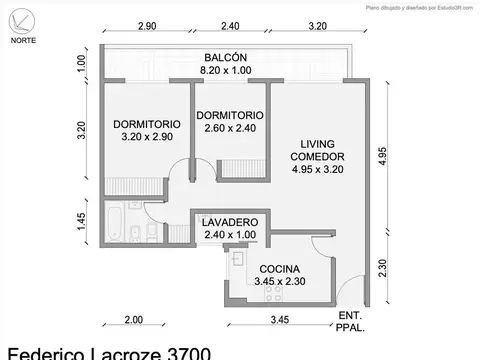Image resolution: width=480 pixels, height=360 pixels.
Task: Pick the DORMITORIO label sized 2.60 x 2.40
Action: [230, 116]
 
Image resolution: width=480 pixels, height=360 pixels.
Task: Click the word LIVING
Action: [317, 143]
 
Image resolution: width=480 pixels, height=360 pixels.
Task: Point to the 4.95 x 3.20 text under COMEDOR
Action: [317, 170]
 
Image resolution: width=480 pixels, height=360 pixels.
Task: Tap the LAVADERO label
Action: [230, 221]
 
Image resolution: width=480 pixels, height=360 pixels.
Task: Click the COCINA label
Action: [282, 269]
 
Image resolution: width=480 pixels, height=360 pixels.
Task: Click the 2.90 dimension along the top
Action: [147, 27]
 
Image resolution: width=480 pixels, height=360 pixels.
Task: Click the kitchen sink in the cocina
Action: [237, 259]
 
